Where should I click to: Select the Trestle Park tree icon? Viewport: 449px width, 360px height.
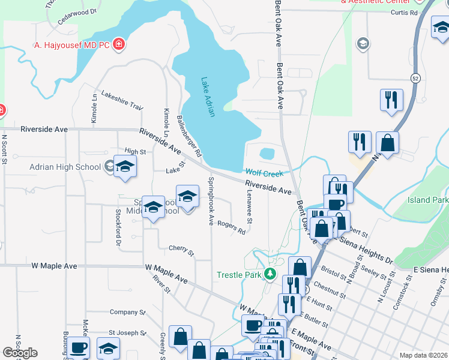coord(270,275)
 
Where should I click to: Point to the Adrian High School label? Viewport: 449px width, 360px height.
coord(66,166)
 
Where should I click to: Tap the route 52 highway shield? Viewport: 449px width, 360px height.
coord(415,78)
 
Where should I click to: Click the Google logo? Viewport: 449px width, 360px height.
coord(20,353)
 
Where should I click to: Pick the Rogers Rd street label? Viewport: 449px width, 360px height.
coord(232,227)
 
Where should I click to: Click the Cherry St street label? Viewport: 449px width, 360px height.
coord(181,249)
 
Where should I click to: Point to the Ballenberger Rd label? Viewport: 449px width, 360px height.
coord(190,136)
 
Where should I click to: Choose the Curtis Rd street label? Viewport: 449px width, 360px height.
coord(403,12)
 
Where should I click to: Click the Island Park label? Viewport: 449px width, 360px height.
coord(428,200)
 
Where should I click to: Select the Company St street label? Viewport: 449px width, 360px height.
coord(124,312)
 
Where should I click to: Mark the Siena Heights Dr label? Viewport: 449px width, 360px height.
coord(366,250)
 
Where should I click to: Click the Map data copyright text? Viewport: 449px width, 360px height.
coord(423,355)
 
